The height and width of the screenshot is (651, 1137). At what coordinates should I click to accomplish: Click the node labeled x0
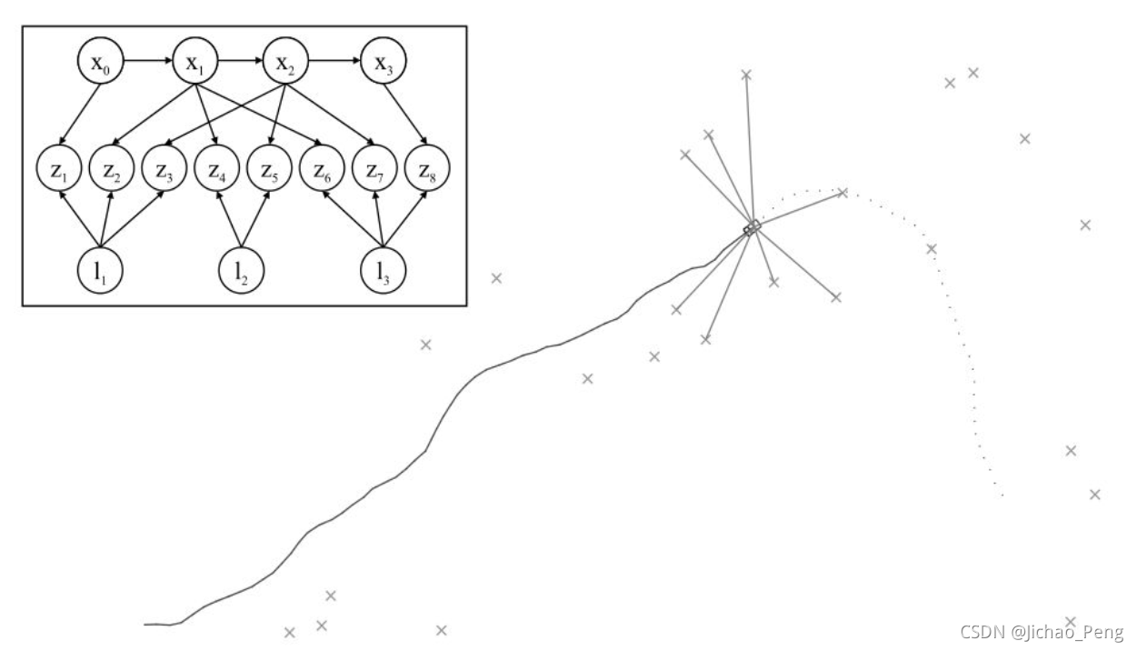(100, 64)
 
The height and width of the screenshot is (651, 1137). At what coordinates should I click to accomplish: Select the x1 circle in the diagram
(194, 64)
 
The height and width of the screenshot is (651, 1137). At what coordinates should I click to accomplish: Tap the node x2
(286, 64)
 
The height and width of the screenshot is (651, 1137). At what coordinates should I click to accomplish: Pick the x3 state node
(384, 64)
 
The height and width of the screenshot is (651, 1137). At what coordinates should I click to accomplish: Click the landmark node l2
(243, 270)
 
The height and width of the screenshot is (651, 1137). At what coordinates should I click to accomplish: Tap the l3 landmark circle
(383, 270)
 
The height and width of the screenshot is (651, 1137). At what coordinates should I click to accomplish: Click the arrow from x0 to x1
(147, 64)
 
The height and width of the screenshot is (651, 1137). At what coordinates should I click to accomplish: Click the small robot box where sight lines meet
(752, 227)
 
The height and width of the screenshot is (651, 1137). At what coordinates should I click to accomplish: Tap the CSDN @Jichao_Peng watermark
(1042, 631)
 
